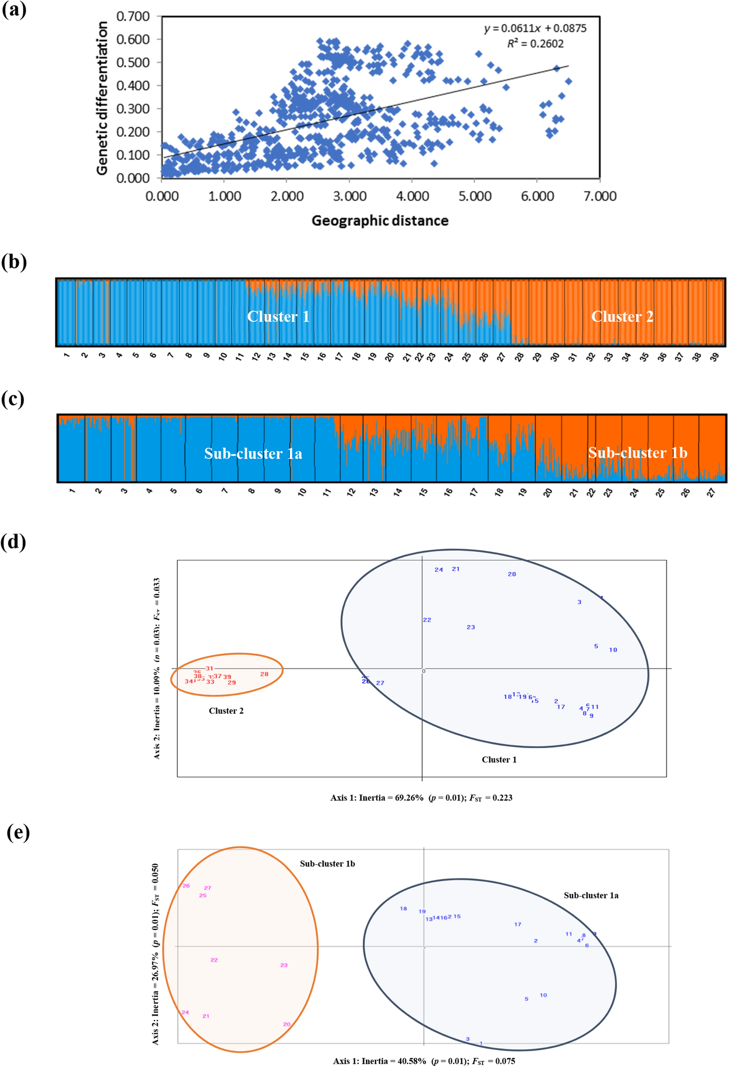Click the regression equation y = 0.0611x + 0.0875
point(535,28)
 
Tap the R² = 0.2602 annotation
point(535,44)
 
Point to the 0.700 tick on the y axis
point(133,16)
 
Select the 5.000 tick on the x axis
point(475,196)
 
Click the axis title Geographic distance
point(380,221)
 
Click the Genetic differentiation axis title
point(102,98)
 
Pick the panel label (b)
point(14,262)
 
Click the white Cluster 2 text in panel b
point(622,317)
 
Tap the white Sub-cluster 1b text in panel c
point(638,452)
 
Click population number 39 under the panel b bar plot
point(714,357)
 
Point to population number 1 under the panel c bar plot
point(72,491)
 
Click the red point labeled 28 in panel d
point(264,674)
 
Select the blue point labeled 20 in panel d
point(512,574)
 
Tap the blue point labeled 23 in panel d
point(470,627)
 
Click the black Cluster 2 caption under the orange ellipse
point(226,711)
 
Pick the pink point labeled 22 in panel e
point(214,960)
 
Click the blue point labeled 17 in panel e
point(517,924)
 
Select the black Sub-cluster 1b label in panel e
point(327,863)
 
